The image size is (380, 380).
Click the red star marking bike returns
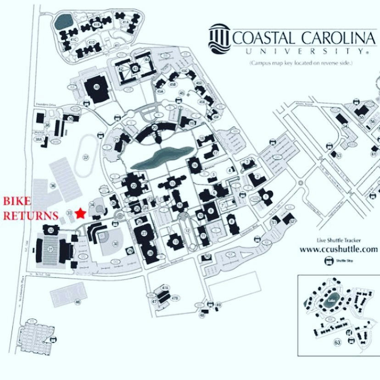81,213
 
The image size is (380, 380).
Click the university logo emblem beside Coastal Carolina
219,37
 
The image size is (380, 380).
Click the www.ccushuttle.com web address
338,250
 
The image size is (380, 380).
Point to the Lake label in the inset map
331,301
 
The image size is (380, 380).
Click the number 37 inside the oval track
85,157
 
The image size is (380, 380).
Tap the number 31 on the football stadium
50,249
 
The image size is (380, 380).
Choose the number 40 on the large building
96,86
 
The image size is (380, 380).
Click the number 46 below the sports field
78,302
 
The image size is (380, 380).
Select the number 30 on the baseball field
116,244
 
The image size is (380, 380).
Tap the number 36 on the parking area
53,185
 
